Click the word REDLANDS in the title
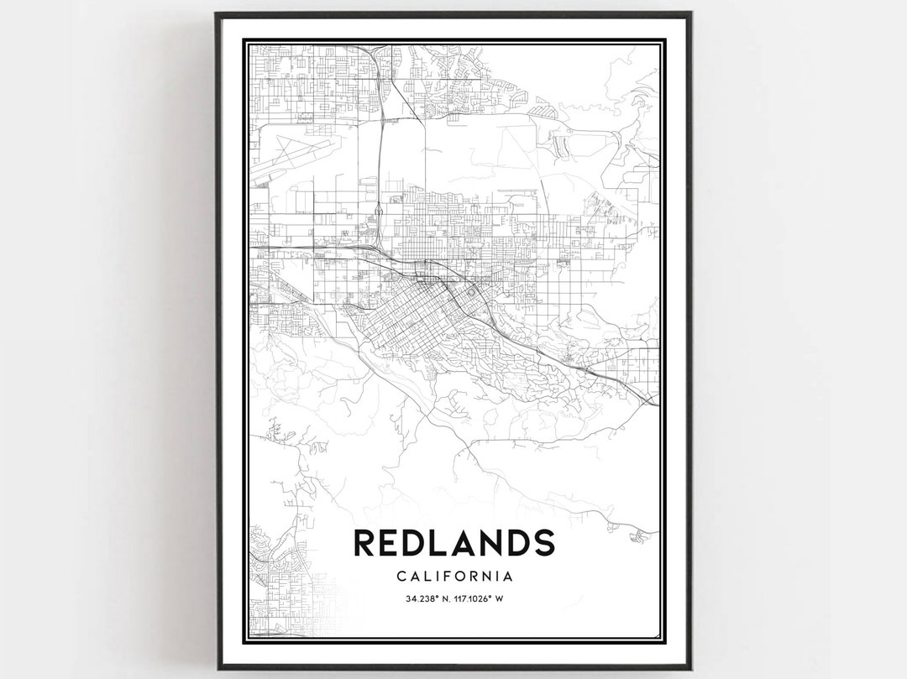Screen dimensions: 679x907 tap(453, 542)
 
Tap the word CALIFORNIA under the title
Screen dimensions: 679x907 tap(453, 577)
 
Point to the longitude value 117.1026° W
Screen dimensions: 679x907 tap(475, 598)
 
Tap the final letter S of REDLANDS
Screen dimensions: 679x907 tap(543, 542)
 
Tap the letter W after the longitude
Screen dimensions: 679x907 tap(499, 598)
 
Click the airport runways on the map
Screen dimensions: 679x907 tap(290, 156)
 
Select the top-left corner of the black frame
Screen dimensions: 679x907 tap(217, 13)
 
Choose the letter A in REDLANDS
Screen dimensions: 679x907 tap(457, 542)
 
